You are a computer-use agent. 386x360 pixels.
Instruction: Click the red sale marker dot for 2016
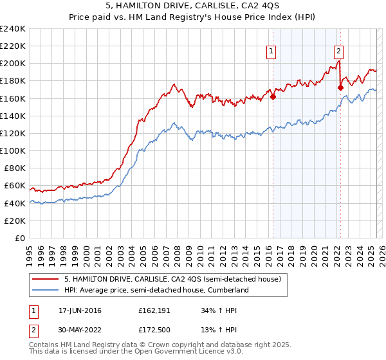click(273, 97)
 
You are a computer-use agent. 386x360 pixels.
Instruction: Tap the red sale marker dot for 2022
click(340, 88)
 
